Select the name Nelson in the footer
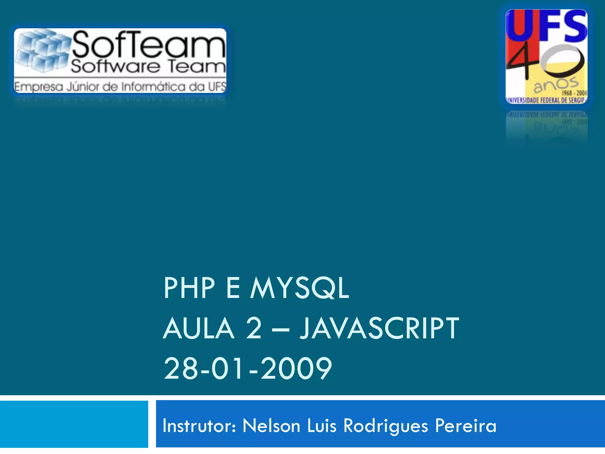[271, 426]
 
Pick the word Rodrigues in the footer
[386, 427]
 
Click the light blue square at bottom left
[74, 424]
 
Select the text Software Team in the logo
[148, 66]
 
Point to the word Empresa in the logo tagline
[38, 87]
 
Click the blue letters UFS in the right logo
[547, 27]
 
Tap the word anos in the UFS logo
[555, 84]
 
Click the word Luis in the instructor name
[322, 426]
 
